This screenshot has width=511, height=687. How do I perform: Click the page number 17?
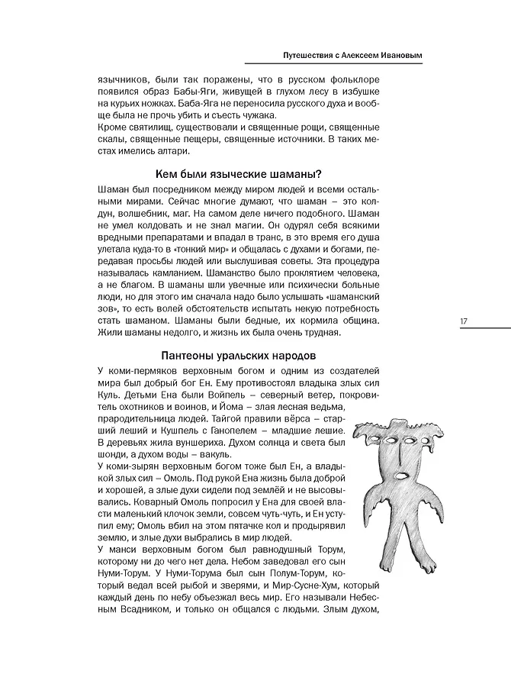click(463, 321)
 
